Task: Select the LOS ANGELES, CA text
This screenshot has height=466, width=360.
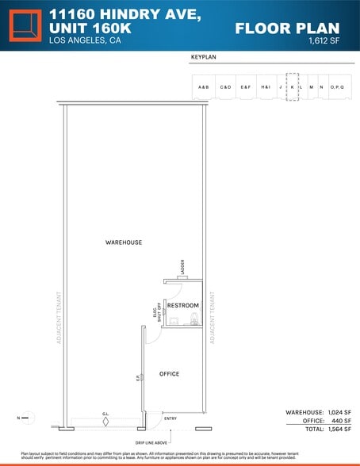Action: click(x=85, y=40)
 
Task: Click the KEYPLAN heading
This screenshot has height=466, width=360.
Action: click(x=204, y=58)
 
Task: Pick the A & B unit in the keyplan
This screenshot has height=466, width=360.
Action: click(x=204, y=86)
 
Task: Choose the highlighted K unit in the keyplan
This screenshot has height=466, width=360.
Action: click(x=292, y=86)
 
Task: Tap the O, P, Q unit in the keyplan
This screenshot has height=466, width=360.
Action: click(x=337, y=86)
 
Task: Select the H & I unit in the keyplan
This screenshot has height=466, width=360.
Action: click(x=266, y=86)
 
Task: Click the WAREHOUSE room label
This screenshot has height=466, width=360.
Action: click(x=124, y=242)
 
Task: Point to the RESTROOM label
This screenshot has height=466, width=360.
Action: click(x=182, y=305)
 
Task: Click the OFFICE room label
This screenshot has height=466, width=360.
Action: click(x=170, y=373)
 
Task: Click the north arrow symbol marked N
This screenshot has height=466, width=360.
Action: click(x=26, y=416)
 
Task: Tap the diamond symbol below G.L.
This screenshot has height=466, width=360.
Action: click(x=105, y=422)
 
